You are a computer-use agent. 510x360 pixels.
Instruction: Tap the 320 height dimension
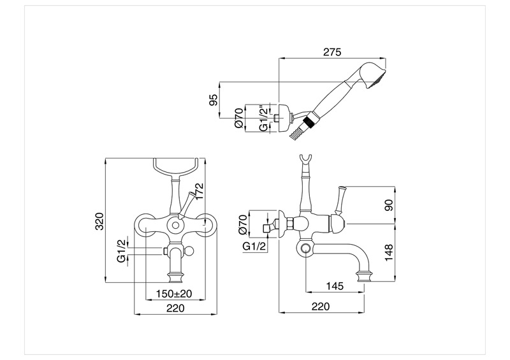click(x=98, y=220)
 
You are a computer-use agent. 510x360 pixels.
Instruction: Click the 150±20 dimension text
click(x=175, y=294)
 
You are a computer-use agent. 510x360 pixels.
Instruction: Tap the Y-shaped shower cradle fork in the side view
click(x=305, y=161)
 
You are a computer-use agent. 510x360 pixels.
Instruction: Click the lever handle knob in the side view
click(x=342, y=191)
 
